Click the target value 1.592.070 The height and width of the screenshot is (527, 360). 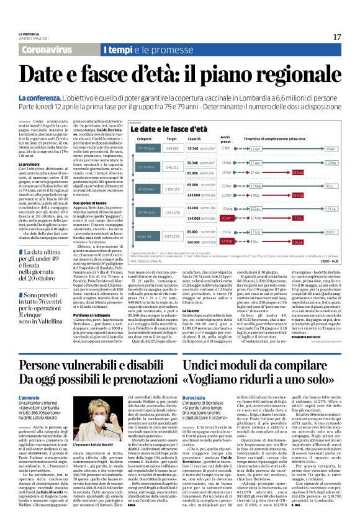[172, 213]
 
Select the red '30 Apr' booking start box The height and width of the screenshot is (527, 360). [225, 218]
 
